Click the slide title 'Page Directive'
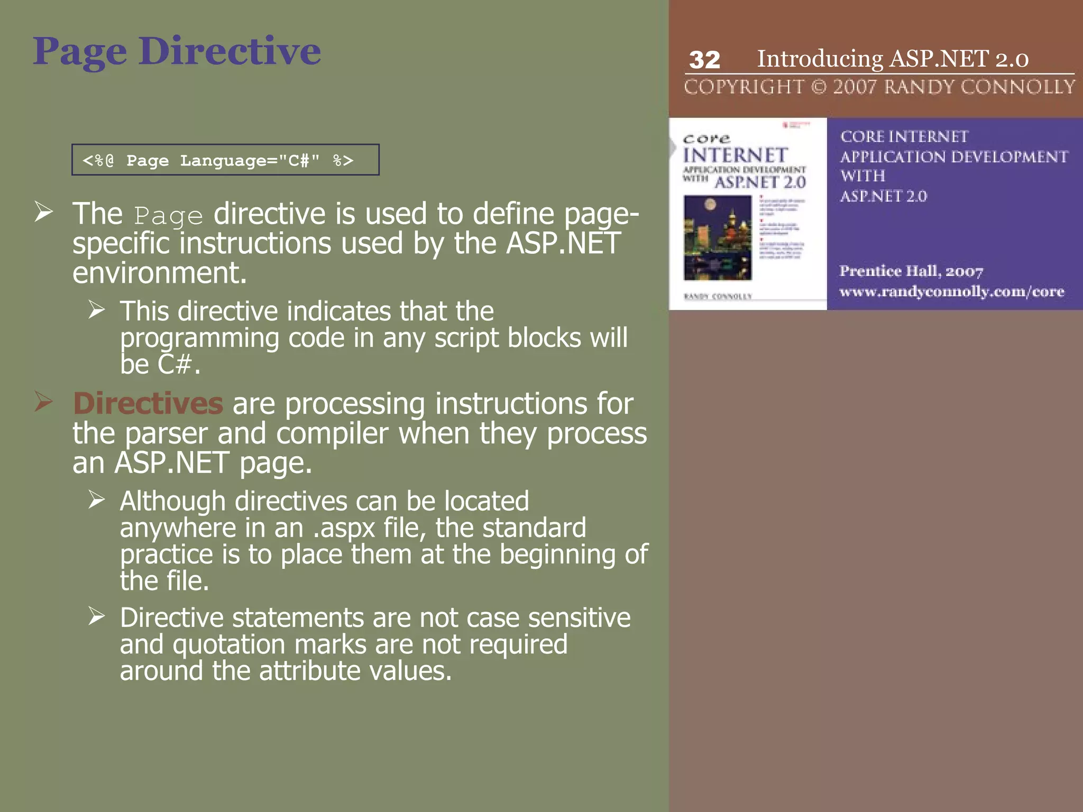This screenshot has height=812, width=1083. point(177,52)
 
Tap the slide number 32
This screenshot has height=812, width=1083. point(704,60)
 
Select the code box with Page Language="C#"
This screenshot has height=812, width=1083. point(225,160)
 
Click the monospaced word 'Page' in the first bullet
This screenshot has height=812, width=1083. point(168,216)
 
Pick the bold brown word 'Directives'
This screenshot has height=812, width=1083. point(148,404)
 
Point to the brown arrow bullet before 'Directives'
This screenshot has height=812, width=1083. point(44,402)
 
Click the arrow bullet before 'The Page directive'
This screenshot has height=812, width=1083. point(44,212)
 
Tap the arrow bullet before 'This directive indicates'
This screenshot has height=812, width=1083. point(97,309)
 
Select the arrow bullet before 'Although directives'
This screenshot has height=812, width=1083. point(97,499)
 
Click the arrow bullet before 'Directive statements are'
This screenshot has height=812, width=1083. point(97,616)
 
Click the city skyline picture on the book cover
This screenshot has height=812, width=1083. point(718,237)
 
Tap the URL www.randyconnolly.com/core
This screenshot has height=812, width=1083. point(951,291)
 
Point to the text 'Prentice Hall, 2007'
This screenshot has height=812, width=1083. point(911,271)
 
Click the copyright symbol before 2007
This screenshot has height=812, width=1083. point(818,87)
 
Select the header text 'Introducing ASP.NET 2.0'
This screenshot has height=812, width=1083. point(893,59)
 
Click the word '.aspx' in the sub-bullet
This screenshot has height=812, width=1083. point(344,528)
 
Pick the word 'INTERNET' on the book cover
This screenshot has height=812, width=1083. point(735,155)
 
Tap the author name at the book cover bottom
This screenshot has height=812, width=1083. point(718,296)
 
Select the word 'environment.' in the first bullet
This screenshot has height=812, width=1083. point(160,273)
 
